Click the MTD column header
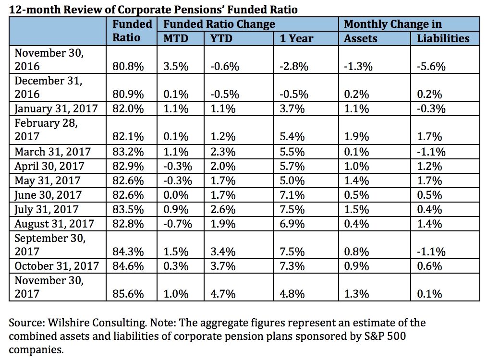pyautogui.click(x=173, y=38)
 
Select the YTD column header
pyautogui.click(x=221, y=38)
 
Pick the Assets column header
pyautogui.click(x=361, y=38)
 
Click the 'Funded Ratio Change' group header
pyautogui.click(x=219, y=24)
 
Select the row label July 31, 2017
pyautogui.click(x=48, y=209)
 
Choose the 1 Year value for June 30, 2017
pyautogui.click(x=292, y=195)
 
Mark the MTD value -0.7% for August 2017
pyautogui.click(x=175, y=224)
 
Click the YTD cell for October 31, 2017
pyautogui.click(x=223, y=265)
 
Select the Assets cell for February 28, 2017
pyautogui.click(x=356, y=137)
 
